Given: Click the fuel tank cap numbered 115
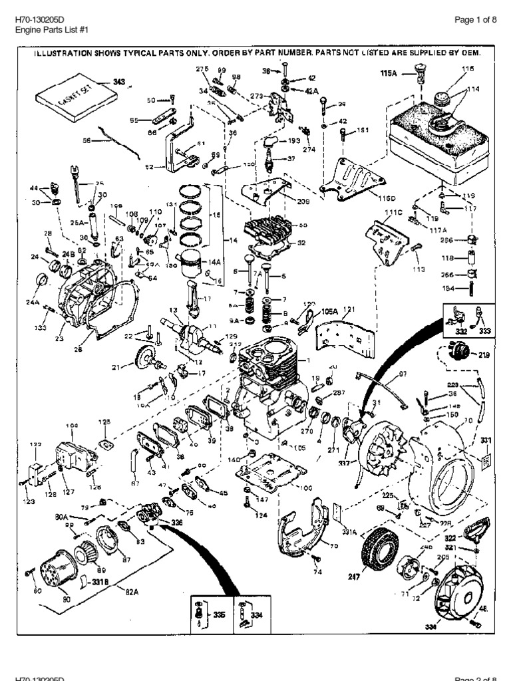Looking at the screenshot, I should (440, 98).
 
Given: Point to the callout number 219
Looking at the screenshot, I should (484, 356).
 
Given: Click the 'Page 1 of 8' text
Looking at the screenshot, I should (476, 20).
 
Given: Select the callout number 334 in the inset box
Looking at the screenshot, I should (257, 616).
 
